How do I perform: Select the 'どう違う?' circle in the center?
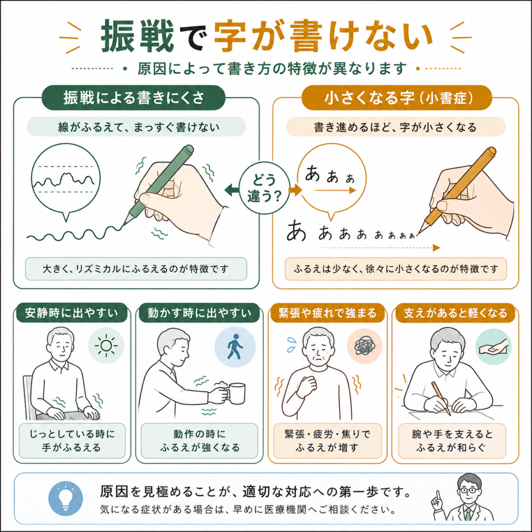coord(264,188)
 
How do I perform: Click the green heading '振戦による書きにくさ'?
coord(134,98)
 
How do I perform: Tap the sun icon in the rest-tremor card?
coord(106,345)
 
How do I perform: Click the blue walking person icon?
coord(235,347)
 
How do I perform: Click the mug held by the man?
coord(234,393)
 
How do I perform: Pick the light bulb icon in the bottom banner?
coord(65,498)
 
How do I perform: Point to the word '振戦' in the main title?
coord(137,36)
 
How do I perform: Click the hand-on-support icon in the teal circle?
coord(493,347)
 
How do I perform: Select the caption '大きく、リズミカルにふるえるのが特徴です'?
coord(136,269)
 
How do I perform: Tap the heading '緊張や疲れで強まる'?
coord(327,312)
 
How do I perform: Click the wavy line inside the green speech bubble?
coord(64,180)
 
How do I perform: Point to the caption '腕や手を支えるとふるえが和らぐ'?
coord(452,441)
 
